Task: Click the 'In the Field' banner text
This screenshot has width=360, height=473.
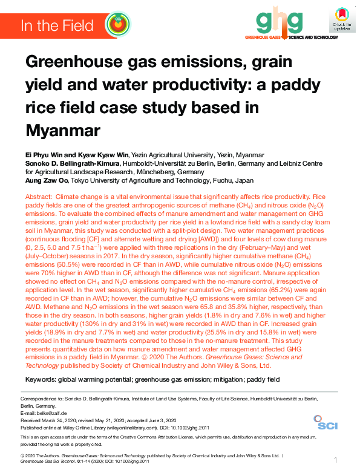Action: tap(57, 25)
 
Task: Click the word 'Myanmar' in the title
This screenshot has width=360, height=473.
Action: tap(64, 130)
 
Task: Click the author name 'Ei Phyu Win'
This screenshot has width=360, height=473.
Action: tap(44, 155)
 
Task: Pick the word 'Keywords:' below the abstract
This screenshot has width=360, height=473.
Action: tap(40, 379)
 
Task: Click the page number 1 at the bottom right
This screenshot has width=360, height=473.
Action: tap(336, 460)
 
